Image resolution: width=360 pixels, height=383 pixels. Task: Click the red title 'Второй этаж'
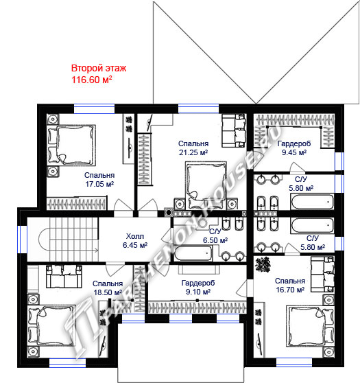click(99, 68)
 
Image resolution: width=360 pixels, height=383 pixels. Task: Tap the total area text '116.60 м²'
click(92, 80)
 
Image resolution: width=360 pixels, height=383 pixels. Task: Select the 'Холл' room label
click(134, 236)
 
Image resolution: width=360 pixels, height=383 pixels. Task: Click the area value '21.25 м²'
click(193, 152)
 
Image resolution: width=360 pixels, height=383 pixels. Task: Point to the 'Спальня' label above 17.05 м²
click(99, 175)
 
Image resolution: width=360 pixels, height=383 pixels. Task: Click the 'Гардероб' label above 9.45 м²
click(294, 143)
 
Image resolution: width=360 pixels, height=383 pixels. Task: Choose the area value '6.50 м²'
click(215, 240)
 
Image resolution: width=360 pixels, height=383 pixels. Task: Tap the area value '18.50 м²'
click(108, 292)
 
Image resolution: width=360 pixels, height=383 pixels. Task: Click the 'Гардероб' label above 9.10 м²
click(198, 283)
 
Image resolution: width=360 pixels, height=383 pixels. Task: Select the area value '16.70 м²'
click(290, 290)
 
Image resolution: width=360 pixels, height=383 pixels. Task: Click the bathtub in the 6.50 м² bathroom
click(193, 253)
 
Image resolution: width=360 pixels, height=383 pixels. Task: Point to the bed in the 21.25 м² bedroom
click(206, 185)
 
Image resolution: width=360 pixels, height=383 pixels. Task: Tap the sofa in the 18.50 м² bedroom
click(64, 276)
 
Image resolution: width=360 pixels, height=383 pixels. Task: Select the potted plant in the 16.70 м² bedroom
click(263, 264)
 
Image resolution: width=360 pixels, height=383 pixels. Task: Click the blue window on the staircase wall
click(22, 240)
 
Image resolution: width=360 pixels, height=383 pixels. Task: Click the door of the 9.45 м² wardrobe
click(296, 167)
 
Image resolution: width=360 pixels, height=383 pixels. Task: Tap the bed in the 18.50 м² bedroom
click(51, 325)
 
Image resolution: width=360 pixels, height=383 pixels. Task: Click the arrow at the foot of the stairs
click(96, 250)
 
